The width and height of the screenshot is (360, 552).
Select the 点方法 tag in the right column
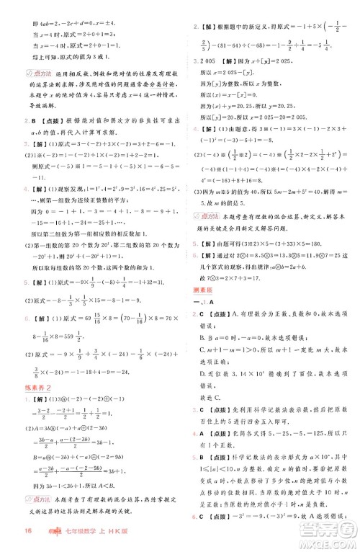tap(214, 215)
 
